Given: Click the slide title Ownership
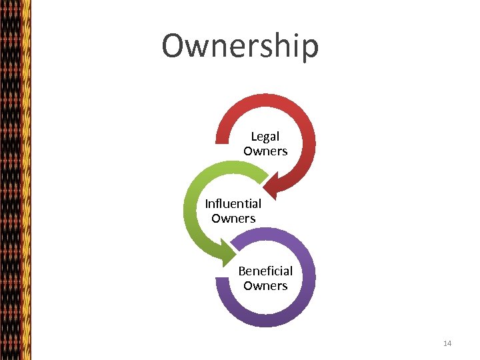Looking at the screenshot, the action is click(240, 46).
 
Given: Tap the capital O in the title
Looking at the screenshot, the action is click(175, 45).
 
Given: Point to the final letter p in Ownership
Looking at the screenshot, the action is click(309, 48).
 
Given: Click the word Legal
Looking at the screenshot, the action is click(265, 137).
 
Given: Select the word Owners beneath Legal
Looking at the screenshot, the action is click(265, 151).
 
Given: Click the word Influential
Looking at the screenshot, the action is click(233, 203).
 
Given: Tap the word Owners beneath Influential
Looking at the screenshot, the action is click(233, 218).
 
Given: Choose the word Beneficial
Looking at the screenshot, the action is click(265, 271).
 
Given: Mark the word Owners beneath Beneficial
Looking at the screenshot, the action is click(265, 285).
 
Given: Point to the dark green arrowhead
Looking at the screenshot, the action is click(223, 251).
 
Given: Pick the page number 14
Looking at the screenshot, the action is click(447, 343).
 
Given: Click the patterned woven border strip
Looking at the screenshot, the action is click(15, 180).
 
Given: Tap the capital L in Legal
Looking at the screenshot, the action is click(254, 137).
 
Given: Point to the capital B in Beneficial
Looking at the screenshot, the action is click(242, 271).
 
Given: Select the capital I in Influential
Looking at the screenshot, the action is click(207, 203).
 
